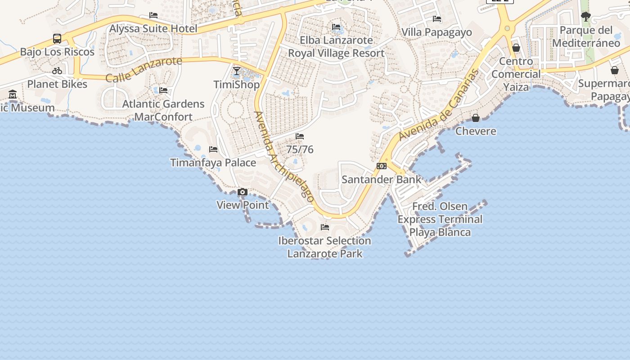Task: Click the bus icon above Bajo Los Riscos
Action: [57, 39]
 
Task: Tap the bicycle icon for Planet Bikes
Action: [57, 71]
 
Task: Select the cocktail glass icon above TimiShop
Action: [237, 71]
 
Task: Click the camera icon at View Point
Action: [243, 192]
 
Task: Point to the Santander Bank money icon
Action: [382, 166]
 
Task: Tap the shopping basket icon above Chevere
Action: [476, 118]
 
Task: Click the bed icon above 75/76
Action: [300, 136]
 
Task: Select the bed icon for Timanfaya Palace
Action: [213, 149]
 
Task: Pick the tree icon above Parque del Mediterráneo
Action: [585, 17]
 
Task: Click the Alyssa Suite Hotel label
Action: [153, 29]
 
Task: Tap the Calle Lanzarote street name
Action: [144, 69]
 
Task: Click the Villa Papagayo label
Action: [436, 32]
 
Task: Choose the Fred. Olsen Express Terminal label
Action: [440, 219]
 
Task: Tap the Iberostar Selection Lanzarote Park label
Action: [324, 247]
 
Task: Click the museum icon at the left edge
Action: [13, 94]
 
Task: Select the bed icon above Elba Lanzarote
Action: [336, 27]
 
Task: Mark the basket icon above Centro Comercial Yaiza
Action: [516, 48]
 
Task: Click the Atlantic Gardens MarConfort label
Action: [163, 110]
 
